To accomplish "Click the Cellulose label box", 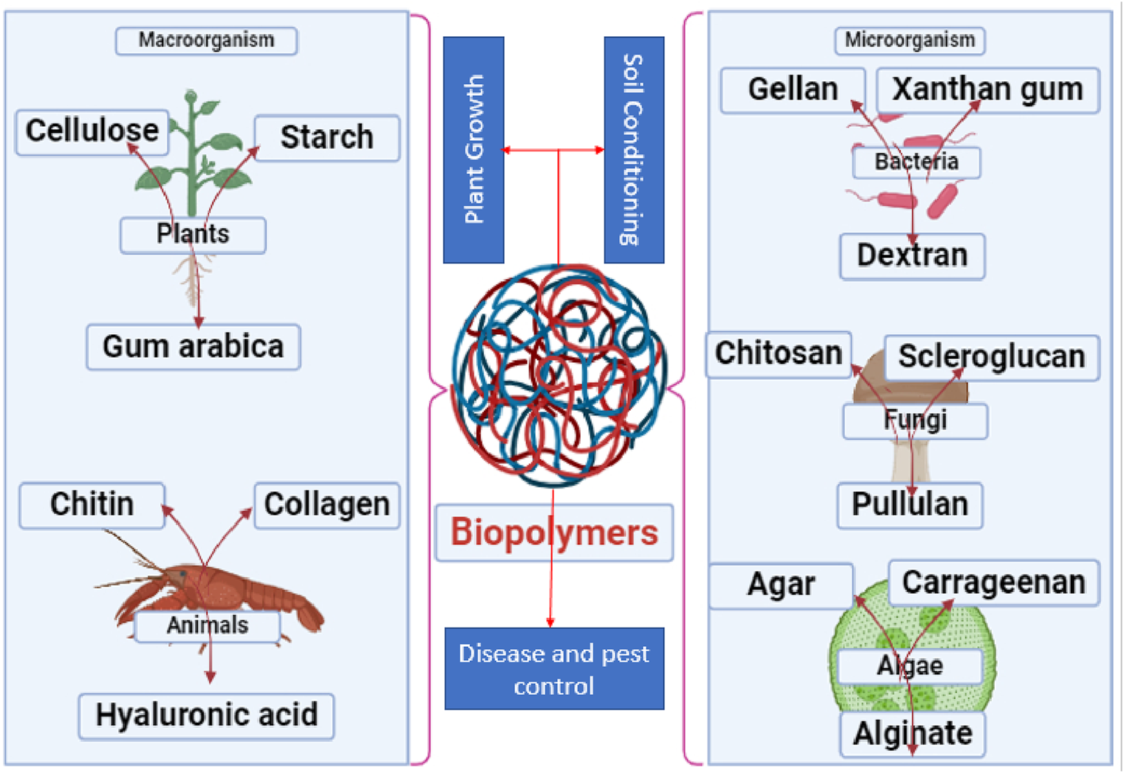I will coord(92,131).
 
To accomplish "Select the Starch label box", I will coord(327,138).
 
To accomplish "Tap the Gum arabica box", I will coord(193,347).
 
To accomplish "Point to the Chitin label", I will coord(92,505).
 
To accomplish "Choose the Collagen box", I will coord(327,505).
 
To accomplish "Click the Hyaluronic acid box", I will coord(207,715).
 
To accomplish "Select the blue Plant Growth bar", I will coord(473,150).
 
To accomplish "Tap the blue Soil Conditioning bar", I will coord(634,150).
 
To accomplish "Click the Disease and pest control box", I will coord(554,669).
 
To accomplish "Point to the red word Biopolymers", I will coord(554,533).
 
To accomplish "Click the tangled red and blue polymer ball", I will coord(559,376).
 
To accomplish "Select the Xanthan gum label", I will coord(987,90).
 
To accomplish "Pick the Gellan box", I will coord(793,90).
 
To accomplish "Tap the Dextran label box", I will coord(912,256).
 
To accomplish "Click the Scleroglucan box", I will coord(991,357).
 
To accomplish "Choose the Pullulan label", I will coord(909,505).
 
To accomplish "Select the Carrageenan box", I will coord(993,583).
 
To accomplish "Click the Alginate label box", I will coord(912,734).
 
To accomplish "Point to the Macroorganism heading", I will coord(207,41).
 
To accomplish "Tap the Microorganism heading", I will coord(910,41).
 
